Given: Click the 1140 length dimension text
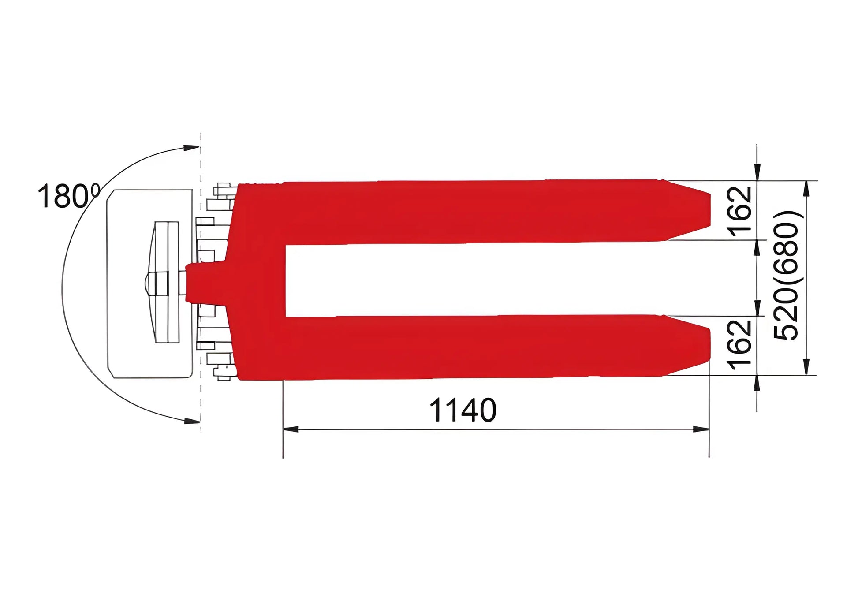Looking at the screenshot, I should pos(463,410).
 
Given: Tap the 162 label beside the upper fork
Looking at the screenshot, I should pos(740,211).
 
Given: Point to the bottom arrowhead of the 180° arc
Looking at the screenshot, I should pos(191,421).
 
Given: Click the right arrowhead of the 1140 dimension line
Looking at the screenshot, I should pos(701,429).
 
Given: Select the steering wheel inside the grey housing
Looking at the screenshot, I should pos(166,282).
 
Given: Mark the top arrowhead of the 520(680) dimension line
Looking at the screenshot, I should pos(806,189).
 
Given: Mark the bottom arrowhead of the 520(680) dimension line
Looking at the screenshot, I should pos(806,367).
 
